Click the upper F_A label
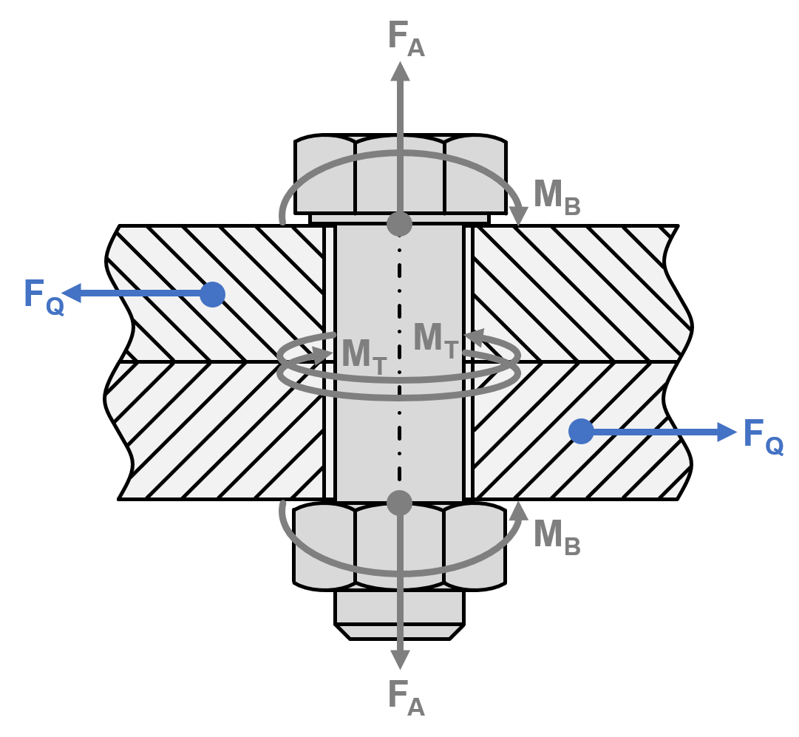406,38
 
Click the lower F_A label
406,697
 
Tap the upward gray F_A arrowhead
400,72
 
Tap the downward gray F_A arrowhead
400,660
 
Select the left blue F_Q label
44,297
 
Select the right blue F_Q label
764,437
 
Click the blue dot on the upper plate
212,294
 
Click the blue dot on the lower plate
581,431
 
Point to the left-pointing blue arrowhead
72,293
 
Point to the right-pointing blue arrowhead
727,432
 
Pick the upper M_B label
557,198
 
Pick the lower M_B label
557,537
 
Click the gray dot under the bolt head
399,224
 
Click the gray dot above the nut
399,503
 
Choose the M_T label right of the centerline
436,341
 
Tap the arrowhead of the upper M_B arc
519,216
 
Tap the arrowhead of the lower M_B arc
519,511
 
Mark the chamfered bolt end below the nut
399,631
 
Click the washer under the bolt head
399,219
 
